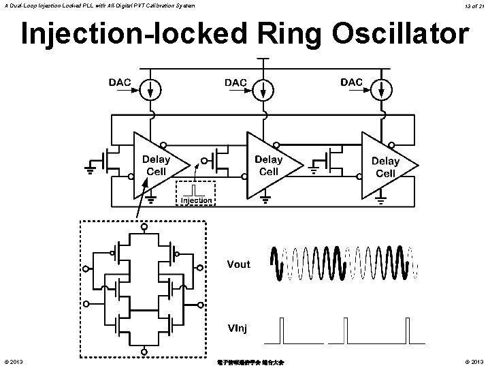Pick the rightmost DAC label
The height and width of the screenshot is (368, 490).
(352, 82)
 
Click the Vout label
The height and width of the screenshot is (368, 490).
(238, 264)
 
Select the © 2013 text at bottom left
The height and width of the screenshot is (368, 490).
(13, 361)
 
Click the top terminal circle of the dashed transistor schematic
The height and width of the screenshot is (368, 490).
(143, 226)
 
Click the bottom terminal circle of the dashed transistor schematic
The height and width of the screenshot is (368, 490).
(143, 352)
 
